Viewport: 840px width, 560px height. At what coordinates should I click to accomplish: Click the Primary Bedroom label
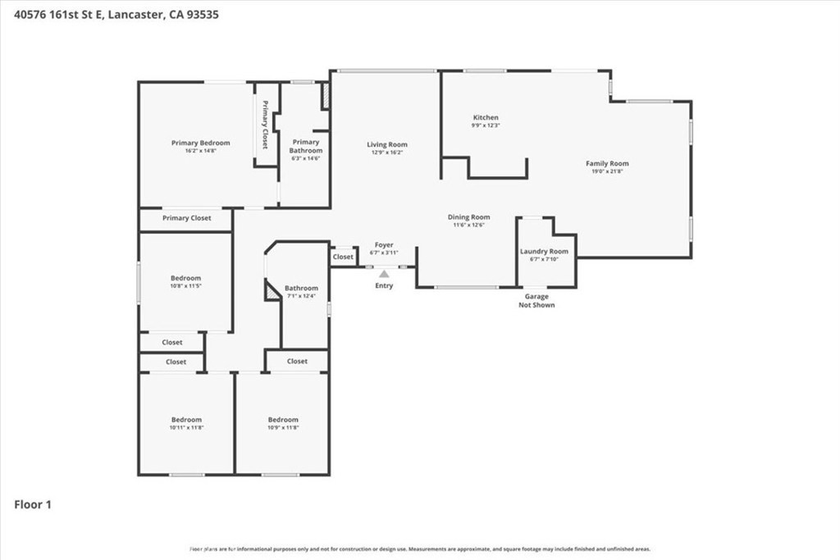(x=200, y=143)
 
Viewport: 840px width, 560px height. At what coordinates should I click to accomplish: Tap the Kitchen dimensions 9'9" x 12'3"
(x=486, y=125)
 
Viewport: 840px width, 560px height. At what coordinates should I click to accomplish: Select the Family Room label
(x=607, y=163)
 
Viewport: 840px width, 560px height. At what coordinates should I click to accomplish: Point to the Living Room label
(x=386, y=144)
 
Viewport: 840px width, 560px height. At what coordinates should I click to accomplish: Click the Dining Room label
(x=468, y=216)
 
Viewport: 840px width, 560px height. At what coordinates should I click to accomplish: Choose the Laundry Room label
(x=544, y=251)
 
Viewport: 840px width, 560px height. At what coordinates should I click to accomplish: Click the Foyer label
(x=384, y=244)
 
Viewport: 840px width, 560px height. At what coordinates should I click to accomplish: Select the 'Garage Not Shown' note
(x=536, y=301)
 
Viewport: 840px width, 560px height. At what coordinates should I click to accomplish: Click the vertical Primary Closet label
(x=265, y=124)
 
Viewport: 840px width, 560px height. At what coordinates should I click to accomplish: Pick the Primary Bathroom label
(x=305, y=146)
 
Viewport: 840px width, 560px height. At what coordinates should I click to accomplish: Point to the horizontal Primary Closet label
(x=186, y=218)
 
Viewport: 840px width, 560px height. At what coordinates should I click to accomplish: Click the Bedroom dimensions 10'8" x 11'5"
(x=185, y=286)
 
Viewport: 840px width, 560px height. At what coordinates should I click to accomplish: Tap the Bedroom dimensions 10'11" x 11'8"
(x=186, y=427)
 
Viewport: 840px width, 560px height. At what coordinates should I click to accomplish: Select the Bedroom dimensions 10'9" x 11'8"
(x=283, y=427)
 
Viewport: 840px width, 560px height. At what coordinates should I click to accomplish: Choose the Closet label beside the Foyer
(x=343, y=257)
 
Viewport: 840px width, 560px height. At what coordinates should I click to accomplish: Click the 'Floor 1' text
(x=33, y=505)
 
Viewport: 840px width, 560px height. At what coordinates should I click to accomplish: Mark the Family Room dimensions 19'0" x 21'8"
(x=607, y=171)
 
